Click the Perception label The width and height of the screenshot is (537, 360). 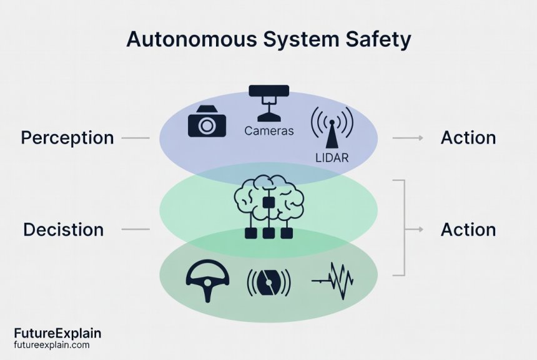coord(67,138)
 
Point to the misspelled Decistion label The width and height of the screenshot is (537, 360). coord(63,230)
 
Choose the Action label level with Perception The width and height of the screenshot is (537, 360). coord(468,138)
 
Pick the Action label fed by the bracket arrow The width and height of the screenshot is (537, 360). coord(468,230)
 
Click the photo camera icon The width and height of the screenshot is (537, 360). coord(206,121)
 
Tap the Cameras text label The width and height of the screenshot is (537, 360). coord(268,131)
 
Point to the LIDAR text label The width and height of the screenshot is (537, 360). coord(332,158)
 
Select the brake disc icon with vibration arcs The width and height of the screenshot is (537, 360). coord(268,283)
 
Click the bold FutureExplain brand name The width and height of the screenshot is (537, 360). coord(57,334)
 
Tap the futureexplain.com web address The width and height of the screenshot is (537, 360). coord(51,345)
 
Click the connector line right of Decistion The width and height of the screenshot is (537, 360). coord(135,230)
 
